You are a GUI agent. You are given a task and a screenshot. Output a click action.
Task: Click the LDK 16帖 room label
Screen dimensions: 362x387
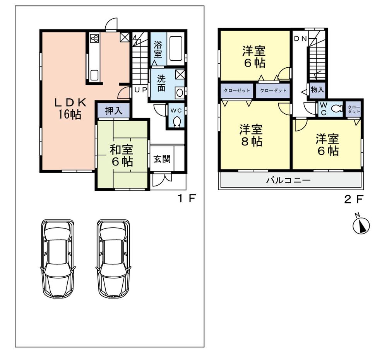click(70, 109)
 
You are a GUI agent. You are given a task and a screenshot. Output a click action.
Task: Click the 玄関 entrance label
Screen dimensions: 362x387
click(161, 159)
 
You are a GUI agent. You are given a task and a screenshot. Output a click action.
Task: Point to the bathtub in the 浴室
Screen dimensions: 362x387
click(176, 49)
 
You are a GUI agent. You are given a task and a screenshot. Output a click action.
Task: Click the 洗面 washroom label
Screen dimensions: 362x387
click(161, 83)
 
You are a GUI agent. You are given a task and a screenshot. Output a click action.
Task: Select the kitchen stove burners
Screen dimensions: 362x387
click(94, 38)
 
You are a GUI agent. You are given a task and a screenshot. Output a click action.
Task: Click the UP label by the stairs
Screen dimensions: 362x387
click(140, 90)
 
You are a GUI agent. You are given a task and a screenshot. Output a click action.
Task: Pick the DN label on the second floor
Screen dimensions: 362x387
click(300, 38)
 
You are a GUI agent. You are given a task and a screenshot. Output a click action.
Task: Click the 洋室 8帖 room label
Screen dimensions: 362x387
click(251, 135)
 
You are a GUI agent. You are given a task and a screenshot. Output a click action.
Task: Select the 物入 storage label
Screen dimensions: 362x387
click(317, 90)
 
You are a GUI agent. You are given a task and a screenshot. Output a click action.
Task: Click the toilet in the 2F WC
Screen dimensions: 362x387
click(337, 109)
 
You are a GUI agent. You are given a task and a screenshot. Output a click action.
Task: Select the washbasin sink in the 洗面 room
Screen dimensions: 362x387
click(179, 93)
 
